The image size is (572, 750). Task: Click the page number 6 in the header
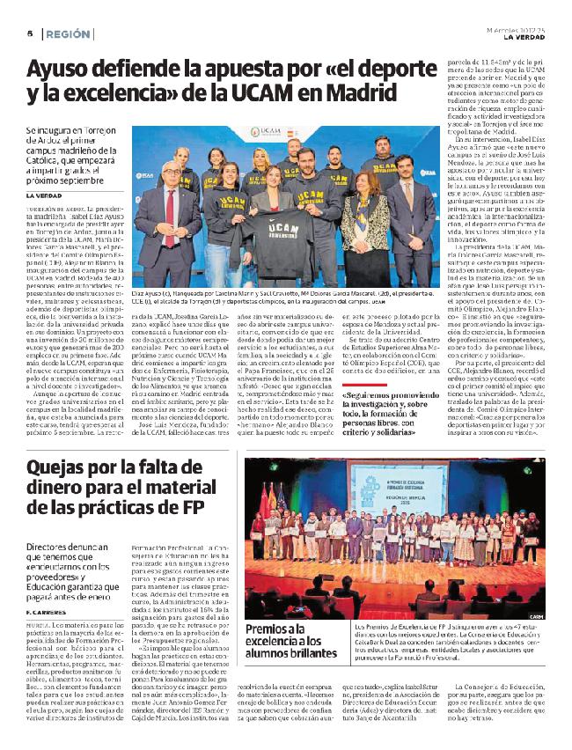point(30,34)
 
